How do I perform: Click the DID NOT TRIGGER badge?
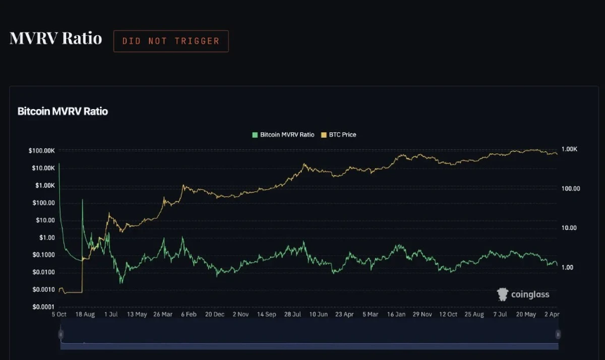coord(171,41)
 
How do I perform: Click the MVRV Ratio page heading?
coord(56,38)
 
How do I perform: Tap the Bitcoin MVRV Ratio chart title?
coord(63,111)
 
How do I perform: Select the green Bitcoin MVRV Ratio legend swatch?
coord(255,135)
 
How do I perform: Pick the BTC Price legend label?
coord(342,134)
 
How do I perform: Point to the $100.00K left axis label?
coord(42,150)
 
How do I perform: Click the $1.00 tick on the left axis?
coord(47,238)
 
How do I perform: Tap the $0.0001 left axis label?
coord(43,307)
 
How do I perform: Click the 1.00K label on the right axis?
coord(569,149)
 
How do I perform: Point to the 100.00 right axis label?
coord(571,188)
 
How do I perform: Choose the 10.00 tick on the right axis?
coord(569,228)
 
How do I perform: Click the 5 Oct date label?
coord(59,314)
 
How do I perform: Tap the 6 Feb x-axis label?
coord(189,314)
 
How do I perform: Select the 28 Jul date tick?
coord(293,314)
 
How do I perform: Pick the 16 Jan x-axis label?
coord(396,314)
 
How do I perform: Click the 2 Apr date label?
coord(552,314)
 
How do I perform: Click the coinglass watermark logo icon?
coord(502,295)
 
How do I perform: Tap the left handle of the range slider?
coord(60,334)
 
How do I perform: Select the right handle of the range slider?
coord(558,334)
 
